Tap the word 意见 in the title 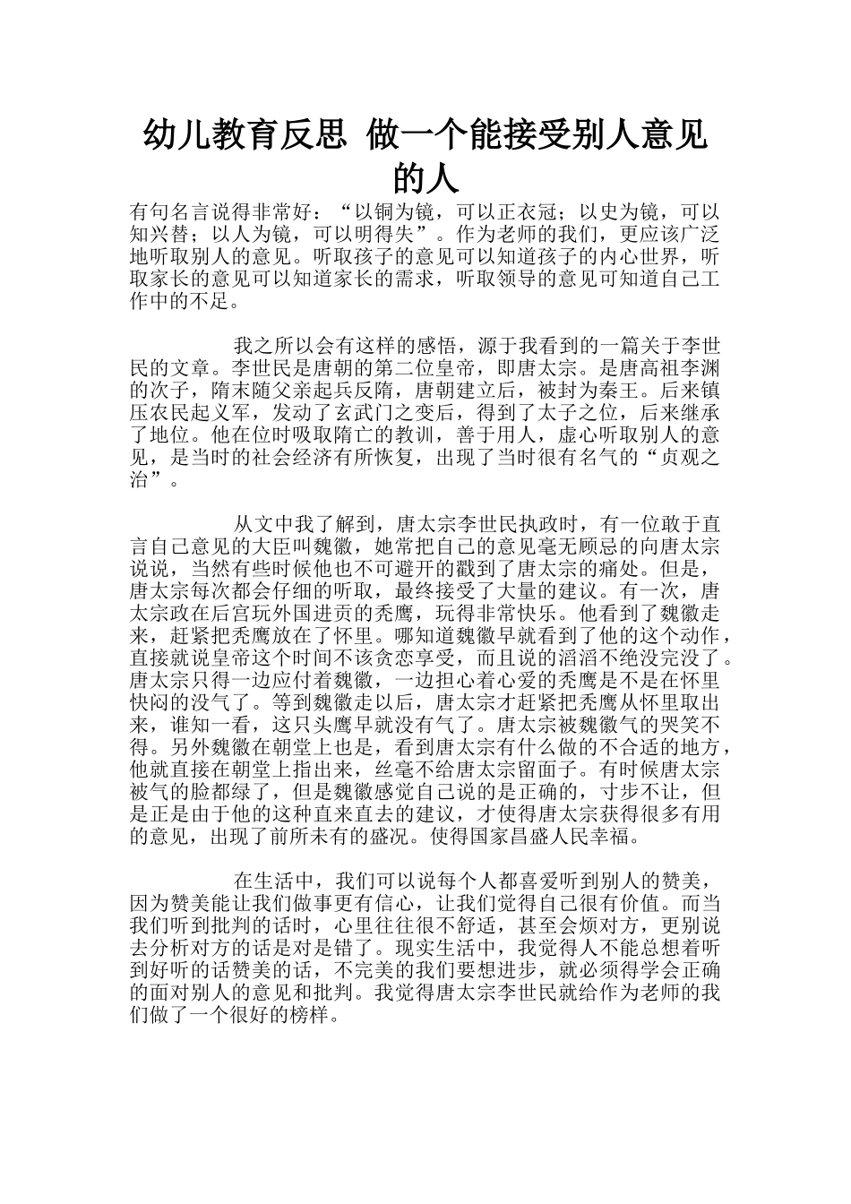point(673,136)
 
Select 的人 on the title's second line point(426,178)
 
